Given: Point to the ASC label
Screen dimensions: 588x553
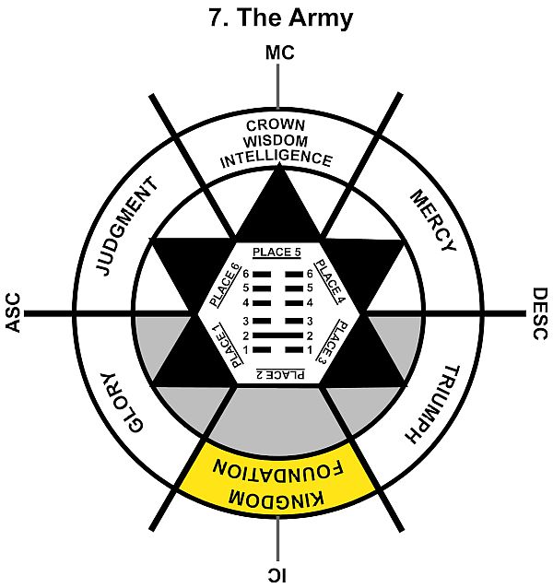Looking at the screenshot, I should click(12, 314).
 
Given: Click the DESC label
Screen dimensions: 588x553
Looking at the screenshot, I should click(540, 314).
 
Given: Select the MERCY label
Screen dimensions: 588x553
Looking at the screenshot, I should click(431, 221).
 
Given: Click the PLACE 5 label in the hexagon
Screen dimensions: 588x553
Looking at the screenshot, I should click(276, 252).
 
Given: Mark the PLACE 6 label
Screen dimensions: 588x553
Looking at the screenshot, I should click(224, 283).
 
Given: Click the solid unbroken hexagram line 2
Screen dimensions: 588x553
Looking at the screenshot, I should click(276, 335).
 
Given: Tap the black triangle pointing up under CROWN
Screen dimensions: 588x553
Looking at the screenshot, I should click(277, 207).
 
